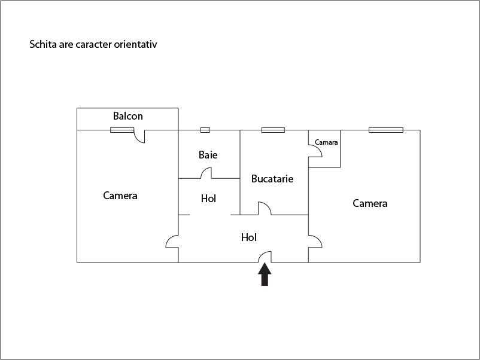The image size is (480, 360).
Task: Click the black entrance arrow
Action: (x=265, y=276)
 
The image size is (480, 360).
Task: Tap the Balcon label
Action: (x=128, y=116)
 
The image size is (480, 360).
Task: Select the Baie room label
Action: (x=208, y=155)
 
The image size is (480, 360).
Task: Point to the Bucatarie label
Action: (x=272, y=178)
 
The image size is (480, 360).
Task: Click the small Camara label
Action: (x=326, y=142)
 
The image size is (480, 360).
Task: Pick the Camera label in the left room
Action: (x=120, y=196)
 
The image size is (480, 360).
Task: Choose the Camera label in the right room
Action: (x=370, y=203)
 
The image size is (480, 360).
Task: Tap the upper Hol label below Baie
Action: (x=208, y=199)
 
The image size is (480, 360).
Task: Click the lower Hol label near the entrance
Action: (x=249, y=237)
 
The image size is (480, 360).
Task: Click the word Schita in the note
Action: (x=43, y=44)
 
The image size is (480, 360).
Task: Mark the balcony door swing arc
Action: (x=139, y=137)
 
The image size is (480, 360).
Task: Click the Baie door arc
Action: (x=205, y=173)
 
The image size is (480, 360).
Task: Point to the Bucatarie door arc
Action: (x=264, y=209)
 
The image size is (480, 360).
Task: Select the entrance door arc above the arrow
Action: (x=265, y=256)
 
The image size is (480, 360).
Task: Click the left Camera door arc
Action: (x=172, y=241)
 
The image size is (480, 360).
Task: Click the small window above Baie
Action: (x=205, y=130)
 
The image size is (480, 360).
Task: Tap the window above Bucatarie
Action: (x=273, y=130)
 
